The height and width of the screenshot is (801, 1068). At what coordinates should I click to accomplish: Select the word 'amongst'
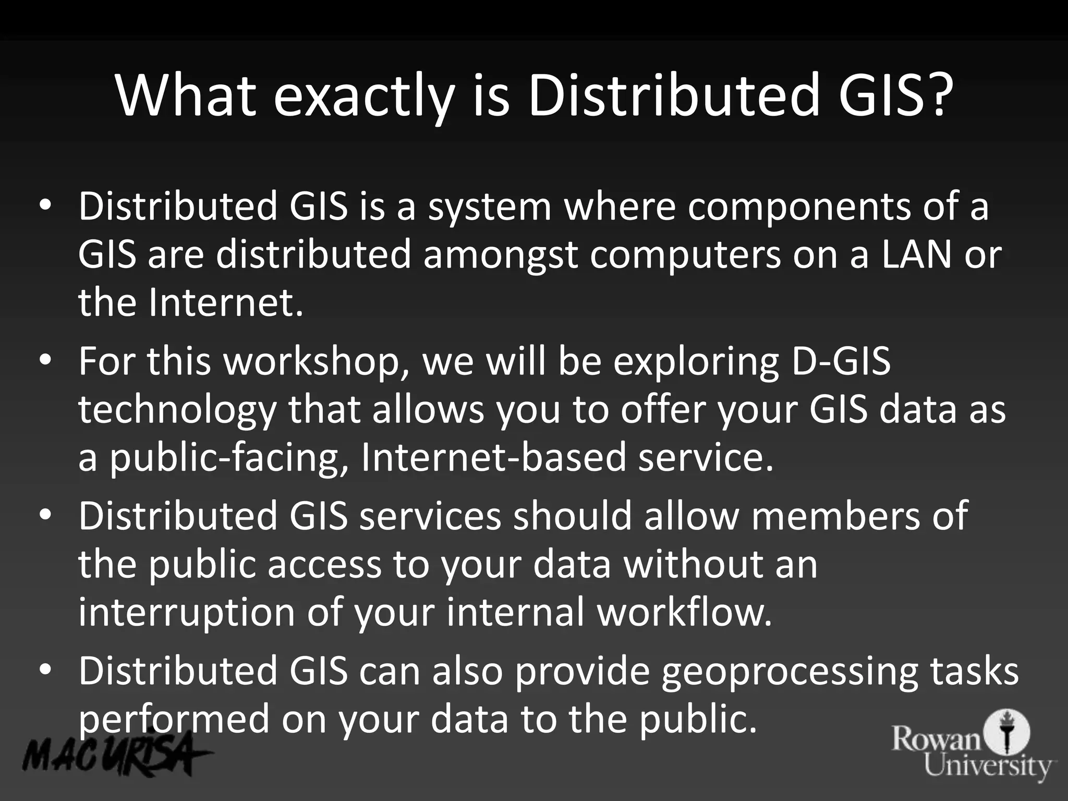[x=500, y=256]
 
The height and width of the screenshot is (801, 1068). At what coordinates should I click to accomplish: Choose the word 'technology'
[x=177, y=410]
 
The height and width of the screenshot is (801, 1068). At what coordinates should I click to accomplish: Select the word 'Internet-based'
[x=493, y=457]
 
